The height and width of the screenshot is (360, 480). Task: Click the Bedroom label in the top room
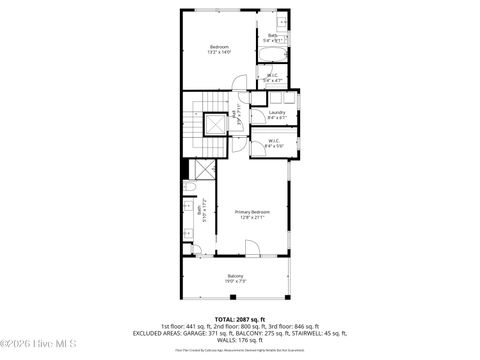(219, 47)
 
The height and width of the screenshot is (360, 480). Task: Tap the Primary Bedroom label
(252, 211)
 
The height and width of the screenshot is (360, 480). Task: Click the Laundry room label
(277, 112)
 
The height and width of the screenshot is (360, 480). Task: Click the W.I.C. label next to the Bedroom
(272, 74)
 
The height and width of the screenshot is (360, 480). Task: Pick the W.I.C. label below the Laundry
(274, 141)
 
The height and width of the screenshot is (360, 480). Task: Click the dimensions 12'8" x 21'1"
(252, 217)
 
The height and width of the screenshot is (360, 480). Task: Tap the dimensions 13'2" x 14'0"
(219, 53)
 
